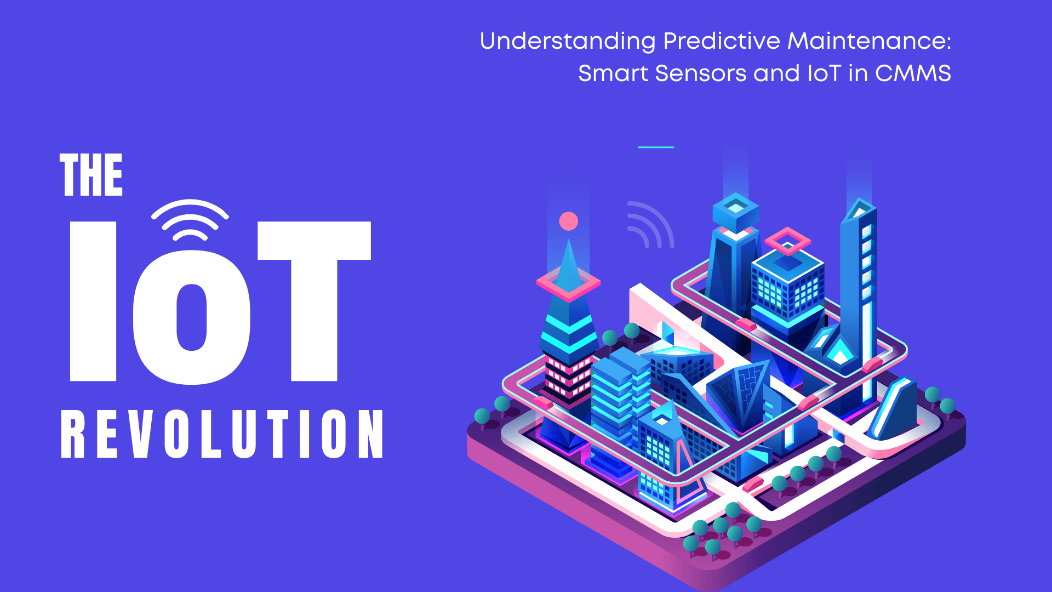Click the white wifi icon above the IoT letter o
click(x=190, y=220)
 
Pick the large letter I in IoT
click(x=93, y=301)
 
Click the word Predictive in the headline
click(x=721, y=42)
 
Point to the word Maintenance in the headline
click(x=869, y=42)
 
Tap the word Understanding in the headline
click(x=567, y=42)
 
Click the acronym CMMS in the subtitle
click(x=913, y=73)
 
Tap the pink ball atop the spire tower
click(x=569, y=221)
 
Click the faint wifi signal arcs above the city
click(x=651, y=225)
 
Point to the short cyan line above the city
click(x=656, y=147)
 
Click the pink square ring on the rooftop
click(x=787, y=241)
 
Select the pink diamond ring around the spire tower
click(x=568, y=283)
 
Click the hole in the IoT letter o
click(x=191, y=317)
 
